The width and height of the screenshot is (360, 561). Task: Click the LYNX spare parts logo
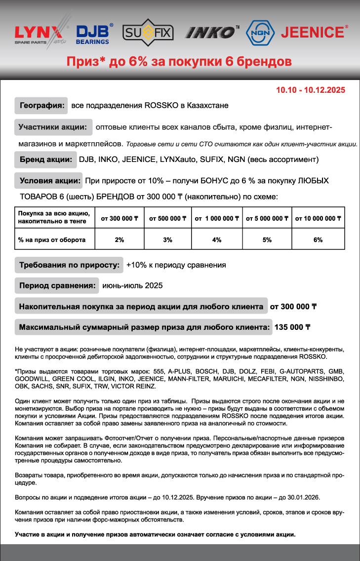(40, 33)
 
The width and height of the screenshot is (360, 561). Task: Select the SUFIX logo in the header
(147, 33)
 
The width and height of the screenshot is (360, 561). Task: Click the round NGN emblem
(260, 33)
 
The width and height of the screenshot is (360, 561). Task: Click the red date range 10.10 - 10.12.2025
(311, 90)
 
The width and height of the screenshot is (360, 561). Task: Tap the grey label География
(41, 105)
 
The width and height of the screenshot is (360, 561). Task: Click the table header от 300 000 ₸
(119, 218)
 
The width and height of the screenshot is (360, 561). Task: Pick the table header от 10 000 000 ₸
(319, 218)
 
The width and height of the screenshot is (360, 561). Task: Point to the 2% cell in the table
(119, 240)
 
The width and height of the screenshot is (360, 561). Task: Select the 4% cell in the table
(217, 240)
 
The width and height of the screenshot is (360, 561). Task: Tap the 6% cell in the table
(319, 240)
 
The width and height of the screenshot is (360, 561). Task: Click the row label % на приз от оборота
(52, 240)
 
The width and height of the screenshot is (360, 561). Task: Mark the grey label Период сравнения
(57, 285)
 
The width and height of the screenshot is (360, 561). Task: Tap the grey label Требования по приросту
(69, 265)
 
